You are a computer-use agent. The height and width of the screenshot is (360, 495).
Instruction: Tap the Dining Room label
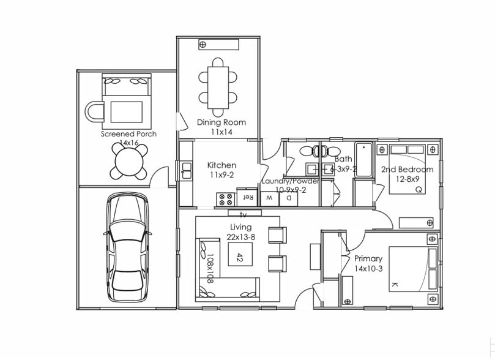click(x=221, y=122)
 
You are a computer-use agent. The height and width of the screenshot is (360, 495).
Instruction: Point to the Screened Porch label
click(x=128, y=134)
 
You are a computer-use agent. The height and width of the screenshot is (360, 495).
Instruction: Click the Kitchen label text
click(x=221, y=165)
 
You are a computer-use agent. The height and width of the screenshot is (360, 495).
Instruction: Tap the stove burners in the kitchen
click(x=225, y=198)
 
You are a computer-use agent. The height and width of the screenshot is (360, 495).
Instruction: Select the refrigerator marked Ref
click(x=248, y=198)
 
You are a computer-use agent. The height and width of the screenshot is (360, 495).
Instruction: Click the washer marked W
click(x=269, y=198)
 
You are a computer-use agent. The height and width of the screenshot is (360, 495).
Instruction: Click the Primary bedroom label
click(x=368, y=259)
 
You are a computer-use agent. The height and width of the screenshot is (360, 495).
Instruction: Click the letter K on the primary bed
click(x=393, y=285)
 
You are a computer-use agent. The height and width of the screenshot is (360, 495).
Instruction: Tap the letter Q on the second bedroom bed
click(x=419, y=190)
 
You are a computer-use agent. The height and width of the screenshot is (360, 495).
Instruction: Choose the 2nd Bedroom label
click(x=407, y=170)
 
